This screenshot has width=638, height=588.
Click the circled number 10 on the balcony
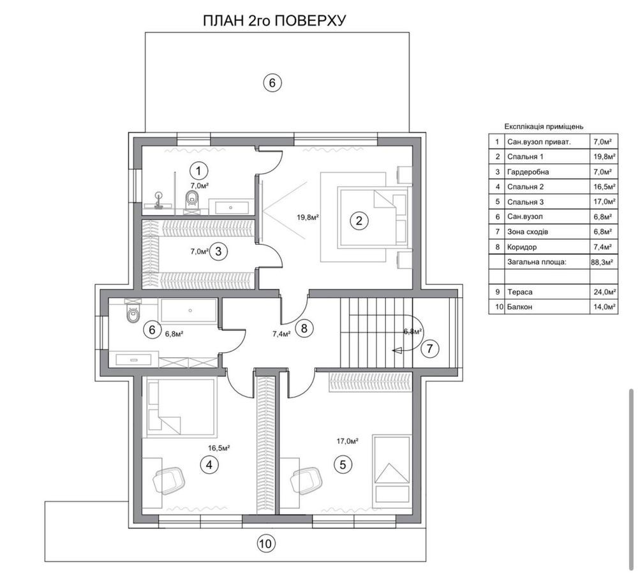point(265,543)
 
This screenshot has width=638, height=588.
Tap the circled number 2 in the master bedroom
point(359,221)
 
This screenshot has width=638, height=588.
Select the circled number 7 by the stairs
point(431,348)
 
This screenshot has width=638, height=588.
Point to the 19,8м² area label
point(308,217)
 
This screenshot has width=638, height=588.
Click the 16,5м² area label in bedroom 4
point(219,448)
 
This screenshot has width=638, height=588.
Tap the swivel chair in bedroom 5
point(306,480)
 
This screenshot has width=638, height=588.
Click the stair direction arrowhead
point(397,350)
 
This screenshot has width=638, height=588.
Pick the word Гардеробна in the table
point(528,172)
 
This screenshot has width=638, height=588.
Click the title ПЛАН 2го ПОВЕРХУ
point(274,20)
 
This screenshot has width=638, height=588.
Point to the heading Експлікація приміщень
point(544,126)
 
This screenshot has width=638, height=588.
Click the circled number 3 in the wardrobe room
point(218,251)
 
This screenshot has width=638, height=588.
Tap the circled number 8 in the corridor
point(304,328)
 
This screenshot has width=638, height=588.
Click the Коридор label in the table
point(522,247)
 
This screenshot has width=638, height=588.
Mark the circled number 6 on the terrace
point(272,83)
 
